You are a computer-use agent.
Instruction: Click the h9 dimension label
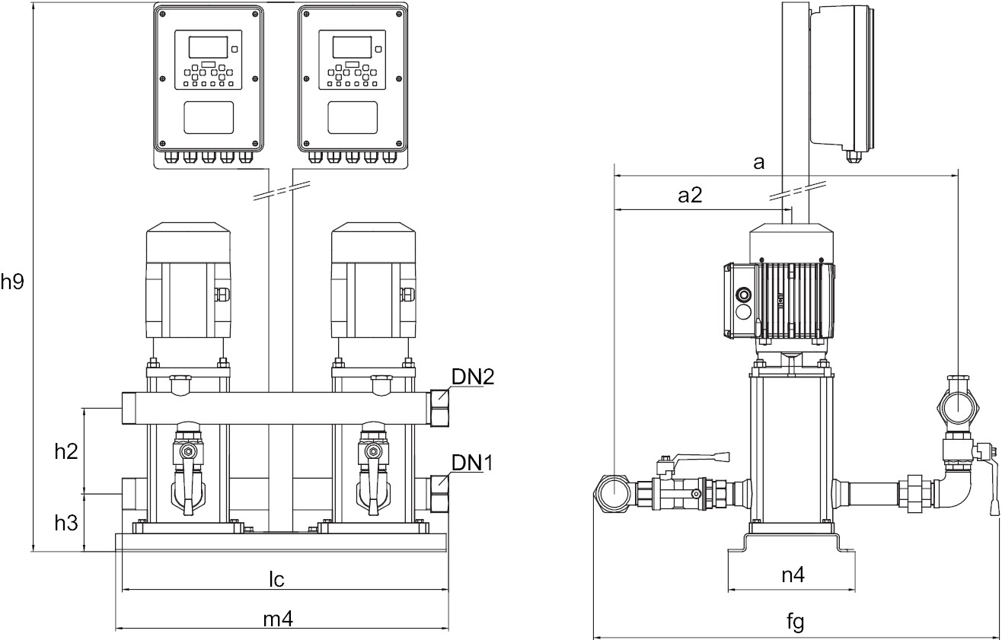tap(13, 282)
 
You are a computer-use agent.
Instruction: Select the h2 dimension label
tap(66, 451)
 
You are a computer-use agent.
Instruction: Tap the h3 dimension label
tap(66, 523)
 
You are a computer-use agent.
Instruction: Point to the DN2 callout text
tap(473, 377)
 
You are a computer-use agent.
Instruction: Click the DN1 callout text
tap(473, 462)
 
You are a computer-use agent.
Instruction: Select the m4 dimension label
tap(278, 620)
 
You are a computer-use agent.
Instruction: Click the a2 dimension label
tap(690, 196)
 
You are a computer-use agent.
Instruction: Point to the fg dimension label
tap(795, 622)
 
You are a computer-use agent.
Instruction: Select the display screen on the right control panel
tap(352, 46)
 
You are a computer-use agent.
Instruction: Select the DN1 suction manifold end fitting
tap(439, 493)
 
